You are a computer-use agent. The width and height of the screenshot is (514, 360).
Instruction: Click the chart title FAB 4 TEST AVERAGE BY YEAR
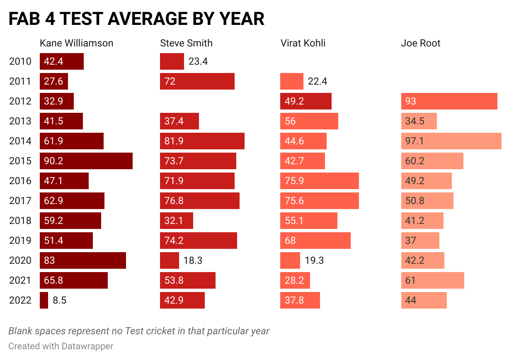click(136, 19)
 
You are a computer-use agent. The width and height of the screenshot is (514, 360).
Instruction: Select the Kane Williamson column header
click(76, 43)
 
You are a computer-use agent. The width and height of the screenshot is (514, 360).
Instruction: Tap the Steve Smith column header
click(186, 43)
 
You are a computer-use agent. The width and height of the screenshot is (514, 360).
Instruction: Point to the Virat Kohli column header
click(303, 43)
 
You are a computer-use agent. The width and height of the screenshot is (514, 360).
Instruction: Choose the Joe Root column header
click(420, 43)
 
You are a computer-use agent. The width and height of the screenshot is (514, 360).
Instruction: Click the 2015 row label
click(20, 161)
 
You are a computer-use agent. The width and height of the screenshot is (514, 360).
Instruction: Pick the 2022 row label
click(20, 300)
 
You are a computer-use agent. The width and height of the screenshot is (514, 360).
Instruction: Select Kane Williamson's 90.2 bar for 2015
click(86, 161)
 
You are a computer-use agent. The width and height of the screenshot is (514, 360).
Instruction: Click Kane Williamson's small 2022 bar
click(44, 300)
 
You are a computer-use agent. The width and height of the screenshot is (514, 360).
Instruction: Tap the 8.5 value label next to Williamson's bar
click(59, 300)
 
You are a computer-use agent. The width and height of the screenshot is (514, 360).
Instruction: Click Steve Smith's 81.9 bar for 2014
click(202, 141)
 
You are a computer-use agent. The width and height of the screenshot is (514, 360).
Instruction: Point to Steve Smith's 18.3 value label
click(193, 260)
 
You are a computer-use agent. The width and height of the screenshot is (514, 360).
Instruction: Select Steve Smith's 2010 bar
click(172, 61)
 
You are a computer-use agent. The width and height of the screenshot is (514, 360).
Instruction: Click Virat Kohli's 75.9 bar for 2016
click(320, 181)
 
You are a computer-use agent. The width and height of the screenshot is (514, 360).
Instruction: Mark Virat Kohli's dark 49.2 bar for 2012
click(306, 101)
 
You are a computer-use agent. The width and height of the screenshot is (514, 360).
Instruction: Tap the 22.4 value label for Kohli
click(317, 81)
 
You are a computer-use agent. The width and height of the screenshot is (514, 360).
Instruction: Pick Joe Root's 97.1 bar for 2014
click(451, 141)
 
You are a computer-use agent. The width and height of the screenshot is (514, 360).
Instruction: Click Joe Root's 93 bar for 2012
click(449, 101)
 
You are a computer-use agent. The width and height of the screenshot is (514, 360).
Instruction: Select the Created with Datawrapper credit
click(61, 346)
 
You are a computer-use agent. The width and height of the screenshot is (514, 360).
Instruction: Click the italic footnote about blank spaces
click(139, 331)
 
